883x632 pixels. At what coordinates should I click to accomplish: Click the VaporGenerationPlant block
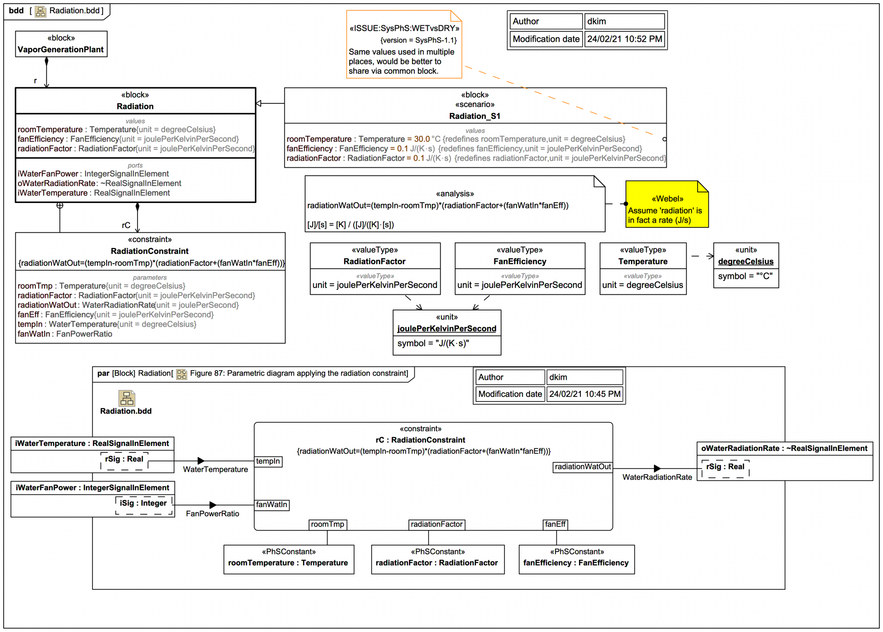[x=61, y=44]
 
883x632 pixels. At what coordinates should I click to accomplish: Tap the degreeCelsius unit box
[x=745, y=265]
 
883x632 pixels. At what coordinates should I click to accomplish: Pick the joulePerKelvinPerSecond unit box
[x=447, y=333]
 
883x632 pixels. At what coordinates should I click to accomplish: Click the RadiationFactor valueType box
[x=375, y=269]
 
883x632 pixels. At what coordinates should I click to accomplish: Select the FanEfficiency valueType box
[x=520, y=269]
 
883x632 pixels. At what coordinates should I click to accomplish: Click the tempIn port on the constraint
[x=268, y=461]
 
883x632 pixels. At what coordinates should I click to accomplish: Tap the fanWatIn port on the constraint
[x=271, y=505]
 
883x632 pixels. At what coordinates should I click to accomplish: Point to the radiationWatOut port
[x=583, y=467]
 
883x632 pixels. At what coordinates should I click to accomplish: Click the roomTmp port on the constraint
[x=327, y=525]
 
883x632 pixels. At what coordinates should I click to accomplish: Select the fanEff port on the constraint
[x=555, y=525]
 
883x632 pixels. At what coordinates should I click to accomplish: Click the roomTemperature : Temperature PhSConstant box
[x=288, y=559]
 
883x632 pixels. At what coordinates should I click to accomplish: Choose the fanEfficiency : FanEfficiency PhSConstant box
[x=576, y=559]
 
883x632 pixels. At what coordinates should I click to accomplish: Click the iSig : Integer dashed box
[x=143, y=504]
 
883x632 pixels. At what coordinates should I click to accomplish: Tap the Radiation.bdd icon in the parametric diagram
[x=126, y=398]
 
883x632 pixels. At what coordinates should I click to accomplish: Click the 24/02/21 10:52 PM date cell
[x=624, y=39]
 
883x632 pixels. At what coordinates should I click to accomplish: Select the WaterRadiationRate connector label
[x=657, y=477]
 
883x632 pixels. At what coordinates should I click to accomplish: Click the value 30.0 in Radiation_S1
[x=422, y=139]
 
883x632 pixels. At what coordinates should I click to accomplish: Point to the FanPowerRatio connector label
[x=212, y=513]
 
